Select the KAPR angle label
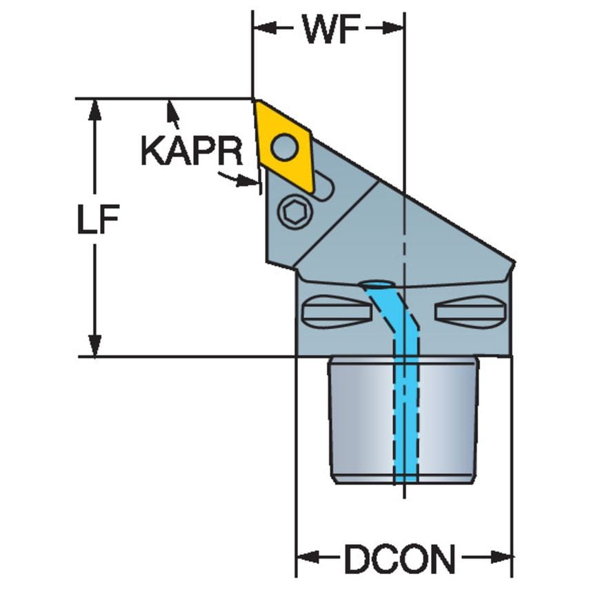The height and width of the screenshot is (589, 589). [x=192, y=151]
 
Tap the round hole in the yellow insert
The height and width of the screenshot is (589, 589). [x=283, y=146]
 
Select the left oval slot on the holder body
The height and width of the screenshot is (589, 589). [x=332, y=312]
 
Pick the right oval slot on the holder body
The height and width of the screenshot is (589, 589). [x=471, y=312]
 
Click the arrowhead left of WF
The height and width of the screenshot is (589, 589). [x=262, y=28]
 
